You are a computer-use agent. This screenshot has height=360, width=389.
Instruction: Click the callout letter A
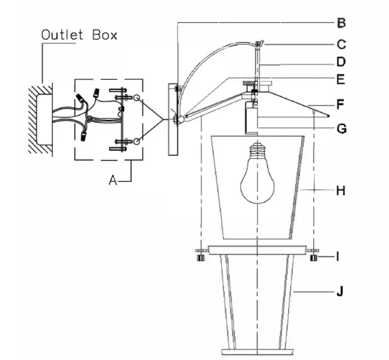[x=113, y=180]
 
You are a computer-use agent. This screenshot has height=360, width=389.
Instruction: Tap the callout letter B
[x=341, y=23]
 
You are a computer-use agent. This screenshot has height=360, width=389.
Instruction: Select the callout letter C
[x=341, y=44]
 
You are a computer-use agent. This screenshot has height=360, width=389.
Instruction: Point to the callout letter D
[x=341, y=62]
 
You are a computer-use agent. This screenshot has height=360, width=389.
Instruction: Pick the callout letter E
[x=341, y=79]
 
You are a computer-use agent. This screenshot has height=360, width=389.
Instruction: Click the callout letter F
[x=340, y=104]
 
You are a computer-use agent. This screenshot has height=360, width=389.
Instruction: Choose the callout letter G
[x=341, y=129]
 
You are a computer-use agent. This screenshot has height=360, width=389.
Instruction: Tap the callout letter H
[x=341, y=191]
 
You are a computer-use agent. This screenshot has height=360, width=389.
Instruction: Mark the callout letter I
[x=338, y=257]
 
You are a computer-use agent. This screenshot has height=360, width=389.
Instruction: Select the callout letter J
[x=340, y=291]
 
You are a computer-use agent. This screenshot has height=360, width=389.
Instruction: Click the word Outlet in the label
[x=62, y=35]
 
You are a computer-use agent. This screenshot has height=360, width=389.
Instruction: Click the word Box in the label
[x=105, y=35]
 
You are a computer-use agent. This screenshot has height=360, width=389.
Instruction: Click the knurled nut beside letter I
[x=313, y=258]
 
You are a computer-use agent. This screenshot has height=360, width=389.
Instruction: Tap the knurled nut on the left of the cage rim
[x=201, y=258]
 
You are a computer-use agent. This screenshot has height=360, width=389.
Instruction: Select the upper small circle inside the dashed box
[x=136, y=98]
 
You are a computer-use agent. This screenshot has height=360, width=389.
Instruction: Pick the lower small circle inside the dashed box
[x=136, y=141]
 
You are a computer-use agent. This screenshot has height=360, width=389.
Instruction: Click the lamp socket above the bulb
[x=251, y=118]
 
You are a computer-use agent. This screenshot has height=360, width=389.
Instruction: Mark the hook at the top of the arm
[x=259, y=44]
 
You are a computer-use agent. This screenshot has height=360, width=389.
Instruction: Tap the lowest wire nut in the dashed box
[x=84, y=136]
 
